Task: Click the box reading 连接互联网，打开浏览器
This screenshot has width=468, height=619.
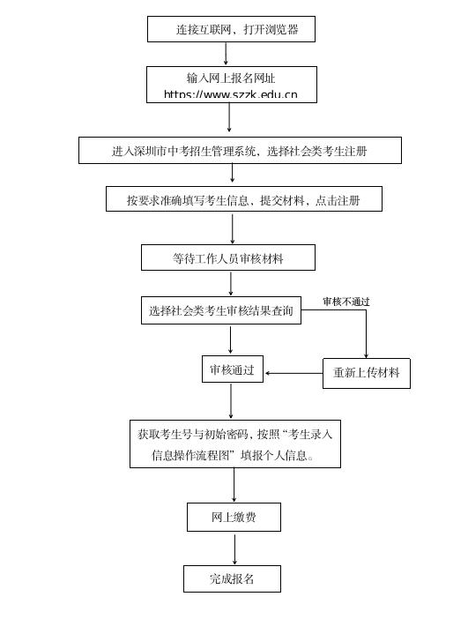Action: pos(231,29)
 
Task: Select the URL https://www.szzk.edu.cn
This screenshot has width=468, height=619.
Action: pos(231,94)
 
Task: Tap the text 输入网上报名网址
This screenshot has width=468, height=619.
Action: pos(231,78)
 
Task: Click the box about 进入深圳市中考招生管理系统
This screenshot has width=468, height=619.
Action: pos(240,151)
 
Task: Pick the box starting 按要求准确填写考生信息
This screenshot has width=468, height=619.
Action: pos(244,199)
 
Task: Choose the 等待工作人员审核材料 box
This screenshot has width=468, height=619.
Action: pos(228,258)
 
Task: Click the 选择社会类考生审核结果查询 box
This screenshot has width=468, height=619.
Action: pos(220,310)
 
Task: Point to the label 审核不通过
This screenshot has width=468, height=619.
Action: pos(345,302)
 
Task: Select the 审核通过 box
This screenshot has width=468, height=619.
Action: pos(232,369)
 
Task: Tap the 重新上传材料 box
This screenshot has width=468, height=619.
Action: pos(366,373)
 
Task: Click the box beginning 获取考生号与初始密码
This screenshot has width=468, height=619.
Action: pos(234,444)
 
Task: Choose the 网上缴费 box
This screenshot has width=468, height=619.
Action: pos(234,517)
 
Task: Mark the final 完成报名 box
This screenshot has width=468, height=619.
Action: pos(232,578)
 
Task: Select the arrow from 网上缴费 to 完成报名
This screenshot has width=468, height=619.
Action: pos(234,548)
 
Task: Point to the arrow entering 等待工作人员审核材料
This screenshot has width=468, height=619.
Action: pos(233,228)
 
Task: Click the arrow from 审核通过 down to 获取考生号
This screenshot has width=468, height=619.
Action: pos(231,401)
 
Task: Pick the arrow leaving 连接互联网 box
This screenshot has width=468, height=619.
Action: pos(226,54)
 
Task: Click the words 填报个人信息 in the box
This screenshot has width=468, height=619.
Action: pos(278,456)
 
